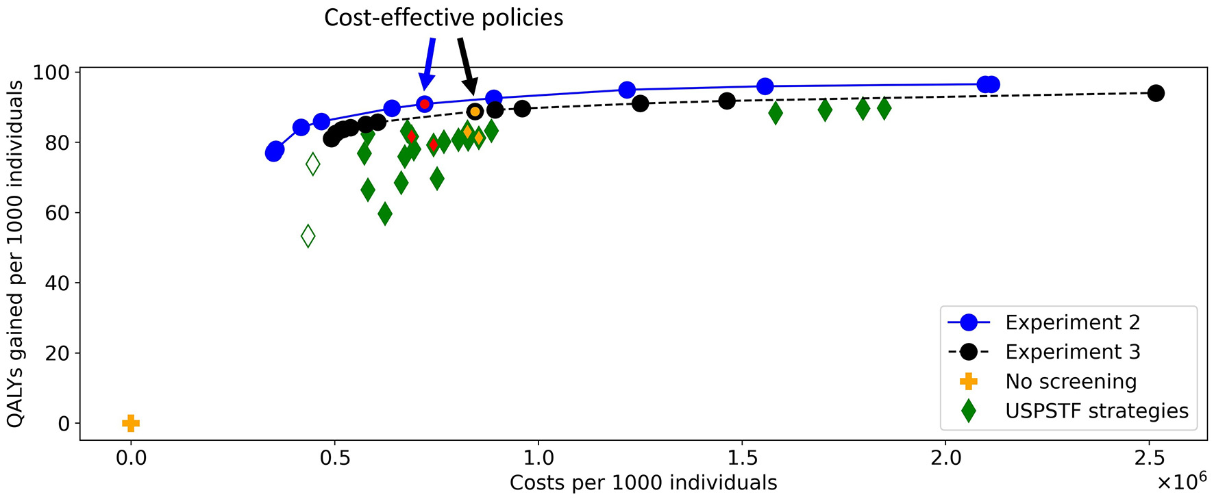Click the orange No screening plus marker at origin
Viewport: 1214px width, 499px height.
pyautogui.click(x=131, y=423)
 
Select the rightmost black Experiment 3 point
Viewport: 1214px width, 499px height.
pyautogui.click(x=1156, y=93)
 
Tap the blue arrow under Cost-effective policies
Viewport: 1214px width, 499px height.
pyautogui.click(x=429, y=65)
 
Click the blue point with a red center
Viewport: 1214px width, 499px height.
pyautogui.click(x=425, y=104)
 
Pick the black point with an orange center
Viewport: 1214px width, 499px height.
pyautogui.click(x=475, y=112)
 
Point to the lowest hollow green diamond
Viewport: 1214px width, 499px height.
pyautogui.click(x=308, y=236)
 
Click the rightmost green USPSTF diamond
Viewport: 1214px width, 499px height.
pyautogui.click(x=884, y=108)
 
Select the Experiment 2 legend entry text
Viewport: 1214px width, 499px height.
pyautogui.click(x=1072, y=322)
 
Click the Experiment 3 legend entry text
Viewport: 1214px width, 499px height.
pyautogui.click(x=1072, y=352)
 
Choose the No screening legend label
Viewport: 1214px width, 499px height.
pyautogui.click(x=1071, y=381)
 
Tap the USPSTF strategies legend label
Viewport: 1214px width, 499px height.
pyautogui.click(x=1096, y=411)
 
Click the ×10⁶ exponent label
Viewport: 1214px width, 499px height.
pyautogui.click(x=1181, y=481)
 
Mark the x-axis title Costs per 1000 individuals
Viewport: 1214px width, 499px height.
pyautogui.click(x=643, y=483)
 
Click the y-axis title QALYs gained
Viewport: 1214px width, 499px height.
pyautogui.click(x=15, y=253)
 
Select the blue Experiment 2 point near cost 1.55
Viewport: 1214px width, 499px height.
pyautogui.click(x=765, y=86)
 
